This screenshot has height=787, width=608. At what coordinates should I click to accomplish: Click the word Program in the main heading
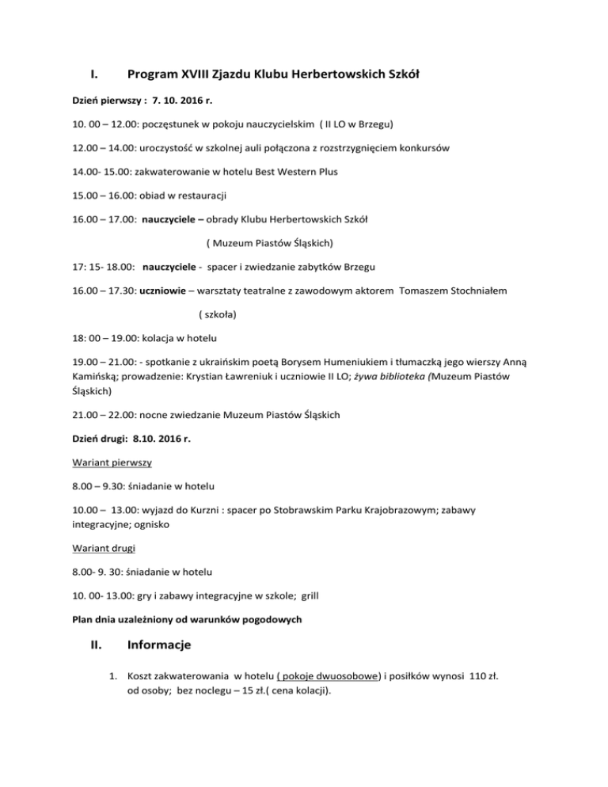[157, 76]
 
